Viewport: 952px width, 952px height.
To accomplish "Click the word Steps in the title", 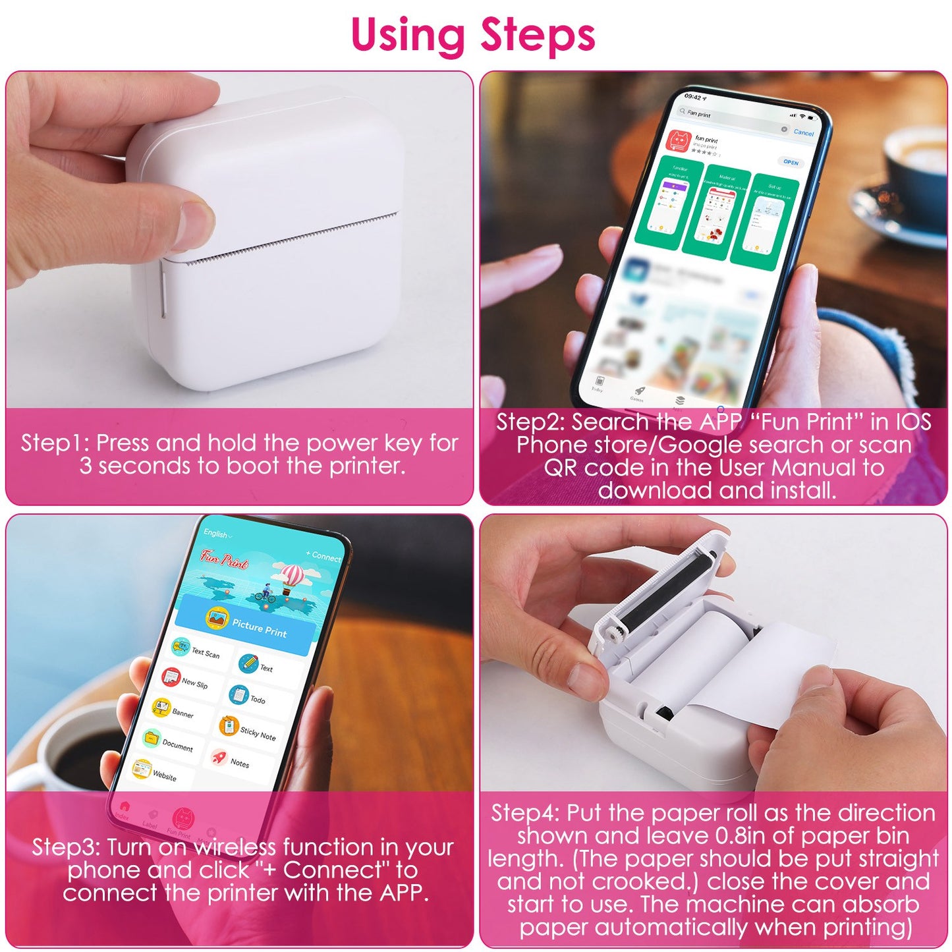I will pos(538,36).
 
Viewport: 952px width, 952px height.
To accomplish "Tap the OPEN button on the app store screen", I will pos(791,162).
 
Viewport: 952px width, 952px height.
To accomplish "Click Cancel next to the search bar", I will pos(803,132).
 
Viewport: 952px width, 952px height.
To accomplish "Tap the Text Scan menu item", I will pos(196,650).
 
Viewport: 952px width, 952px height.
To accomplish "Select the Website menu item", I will pos(155,773).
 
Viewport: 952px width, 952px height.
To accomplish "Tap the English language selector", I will pos(217,534).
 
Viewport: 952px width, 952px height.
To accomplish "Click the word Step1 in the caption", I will pos(54,443).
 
